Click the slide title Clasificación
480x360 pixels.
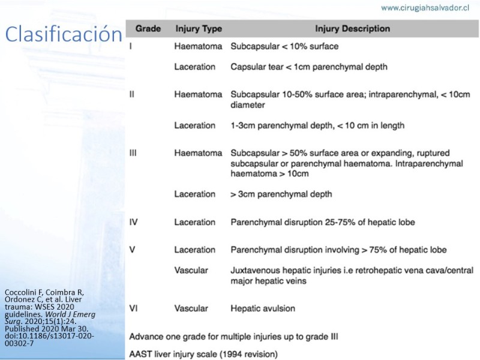tap(63, 34)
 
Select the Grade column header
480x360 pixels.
tap(148, 29)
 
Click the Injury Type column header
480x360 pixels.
tap(198, 29)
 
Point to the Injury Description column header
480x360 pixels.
tap(352, 29)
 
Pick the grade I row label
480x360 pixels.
tap(131, 46)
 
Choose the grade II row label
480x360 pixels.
tap(133, 94)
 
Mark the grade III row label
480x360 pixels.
tap(134, 153)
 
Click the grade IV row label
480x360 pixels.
tap(134, 222)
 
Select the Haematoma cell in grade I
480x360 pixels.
tap(198, 46)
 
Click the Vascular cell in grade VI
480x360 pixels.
tap(191, 308)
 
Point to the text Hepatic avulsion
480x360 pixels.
tap(263, 308)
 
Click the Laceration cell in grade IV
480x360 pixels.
tap(194, 222)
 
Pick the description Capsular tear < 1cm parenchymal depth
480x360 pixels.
tap(308, 67)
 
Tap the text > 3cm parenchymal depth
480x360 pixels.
tap(281, 194)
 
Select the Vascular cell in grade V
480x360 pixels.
tap(191, 270)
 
